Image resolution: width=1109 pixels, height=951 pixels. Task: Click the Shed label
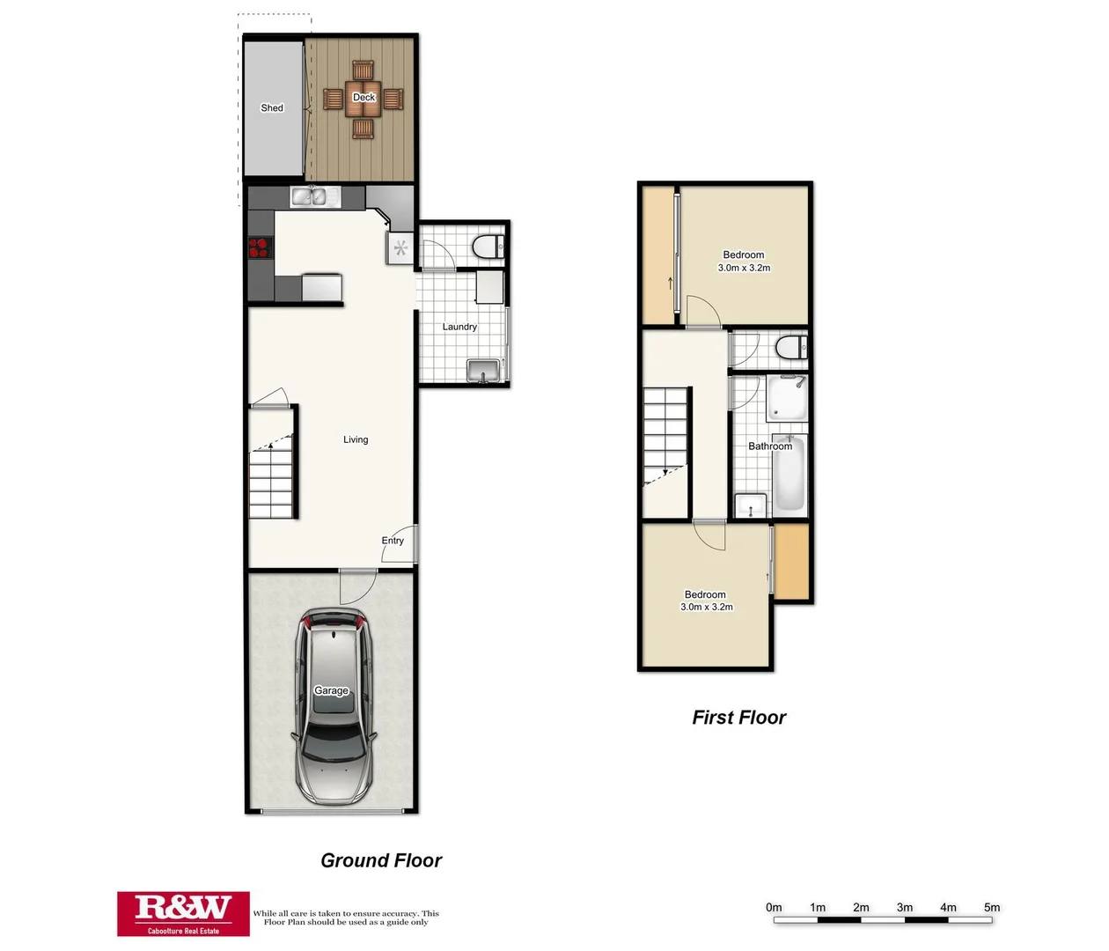tap(272, 108)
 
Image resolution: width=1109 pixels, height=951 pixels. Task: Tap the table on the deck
tap(364, 99)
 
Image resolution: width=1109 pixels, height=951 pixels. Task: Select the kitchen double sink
tap(315, 197)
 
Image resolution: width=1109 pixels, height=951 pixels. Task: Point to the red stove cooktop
tap(260, 248)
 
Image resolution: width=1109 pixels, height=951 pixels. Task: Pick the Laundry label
tap(459, 327)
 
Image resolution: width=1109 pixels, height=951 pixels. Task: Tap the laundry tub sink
tap(483, 371)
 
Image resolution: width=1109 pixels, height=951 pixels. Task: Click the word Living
tap(356, 439)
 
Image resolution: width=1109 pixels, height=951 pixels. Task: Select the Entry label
tap(393, 541)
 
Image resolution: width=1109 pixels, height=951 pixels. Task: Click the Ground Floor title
tap(381, 860)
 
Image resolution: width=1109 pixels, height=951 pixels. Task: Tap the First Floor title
tap(738, 718)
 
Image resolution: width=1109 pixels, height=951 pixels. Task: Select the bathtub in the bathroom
tap(789, 475)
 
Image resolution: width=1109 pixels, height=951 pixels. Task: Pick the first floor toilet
tap(790, 348)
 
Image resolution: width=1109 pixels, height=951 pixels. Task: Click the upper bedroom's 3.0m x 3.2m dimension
tap(744, 268)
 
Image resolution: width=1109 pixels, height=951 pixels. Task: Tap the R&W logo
tap(183, 913)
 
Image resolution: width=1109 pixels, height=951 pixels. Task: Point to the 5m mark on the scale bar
tap(992, 908)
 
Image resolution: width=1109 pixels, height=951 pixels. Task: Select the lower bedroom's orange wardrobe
tap(791, 562)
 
